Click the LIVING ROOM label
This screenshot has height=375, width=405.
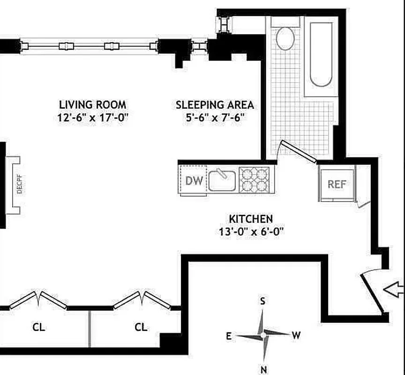pyautogui.click(x=92, y=105)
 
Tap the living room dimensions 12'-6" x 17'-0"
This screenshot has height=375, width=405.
pyautogui.click(x=92, y=118)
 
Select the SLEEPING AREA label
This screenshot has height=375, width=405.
pyautogui.click(x=215, y=105)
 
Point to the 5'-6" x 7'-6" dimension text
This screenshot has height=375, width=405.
pyautogui.click(x=215, y=118)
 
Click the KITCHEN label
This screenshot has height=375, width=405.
pyautogui.click(x=251, y=219)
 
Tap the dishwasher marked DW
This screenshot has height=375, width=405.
pyautogui.click(x=194, y=180)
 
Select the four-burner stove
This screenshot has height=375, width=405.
pyautogui.click(x=254, y=180)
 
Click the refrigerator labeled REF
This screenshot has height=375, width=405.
pyautogui.click(x=336, y=184)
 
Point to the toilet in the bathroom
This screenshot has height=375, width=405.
pyautogui.click(x=285, y=37)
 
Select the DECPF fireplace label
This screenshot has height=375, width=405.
pyautogui.click(x=19, y=185)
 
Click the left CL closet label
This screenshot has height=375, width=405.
pyautogui.click(x=39, y=327)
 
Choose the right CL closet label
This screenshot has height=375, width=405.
pyautogui.click(x=141, y=327)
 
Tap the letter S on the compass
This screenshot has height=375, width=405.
pyautogui.click(x=263, y=301)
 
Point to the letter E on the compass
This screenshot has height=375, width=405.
pyautogui.click(x=229, y=336)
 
